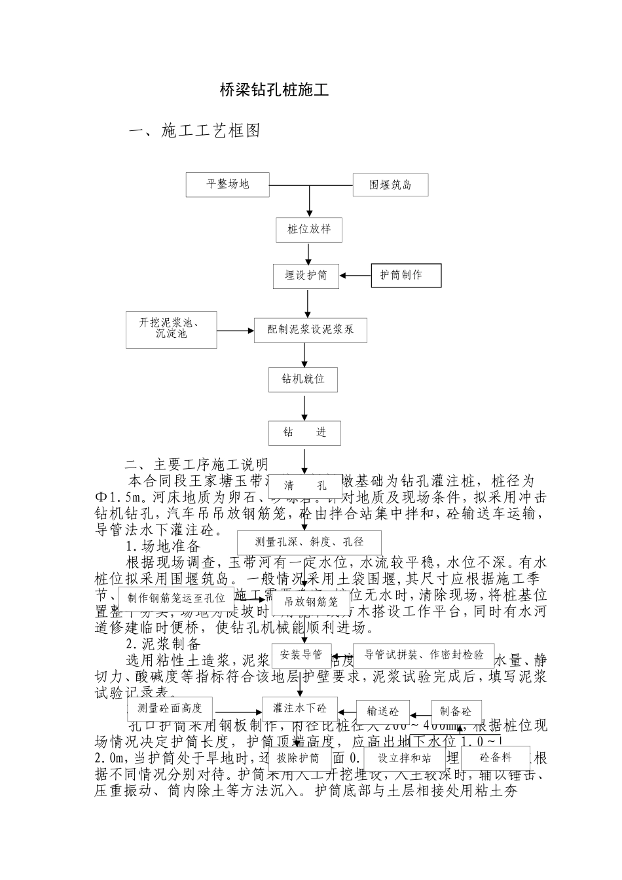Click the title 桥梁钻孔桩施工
click(x=274, y=90)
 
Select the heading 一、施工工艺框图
click(x=195, y=131)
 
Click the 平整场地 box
click(x=228, y=184)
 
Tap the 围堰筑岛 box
click(x=390, y=185)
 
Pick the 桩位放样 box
click(x=309, y=229)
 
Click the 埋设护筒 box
click(x=306, y=276)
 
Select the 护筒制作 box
click(x=406, y=276)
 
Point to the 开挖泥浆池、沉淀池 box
click(x=171, y=329)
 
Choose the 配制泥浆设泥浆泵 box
click(x=310, y=330)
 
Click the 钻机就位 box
click(x=303, y=379)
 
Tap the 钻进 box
click(x=304, y=432)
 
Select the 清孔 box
click(x=306, y=486)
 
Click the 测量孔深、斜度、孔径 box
click(x=309, y=542)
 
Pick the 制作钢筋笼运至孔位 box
click(x=177, y=598)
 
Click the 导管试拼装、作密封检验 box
click(x=424, y=654)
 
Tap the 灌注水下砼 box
click(x=300, y=708)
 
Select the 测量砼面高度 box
click(x=170, y=708)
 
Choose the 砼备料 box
click(x=496, y=758)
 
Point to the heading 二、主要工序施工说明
click(x=197, y=466)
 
